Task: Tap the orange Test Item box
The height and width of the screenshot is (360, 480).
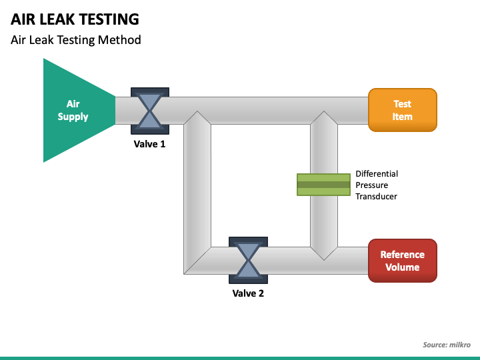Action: click(403, 110)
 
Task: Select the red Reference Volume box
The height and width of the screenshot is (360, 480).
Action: click(403, 261)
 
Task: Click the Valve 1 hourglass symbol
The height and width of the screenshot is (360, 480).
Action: click(150, 111)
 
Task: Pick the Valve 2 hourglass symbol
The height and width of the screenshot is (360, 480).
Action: click(248, 260)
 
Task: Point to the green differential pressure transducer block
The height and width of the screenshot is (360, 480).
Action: click(323, 185)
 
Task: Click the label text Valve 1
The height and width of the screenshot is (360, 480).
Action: click(149, 144)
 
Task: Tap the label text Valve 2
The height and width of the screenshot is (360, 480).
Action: click(248, 293)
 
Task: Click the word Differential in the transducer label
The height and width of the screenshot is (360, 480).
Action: click(377, 173)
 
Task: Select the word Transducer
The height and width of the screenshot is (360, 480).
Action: click(376, 196)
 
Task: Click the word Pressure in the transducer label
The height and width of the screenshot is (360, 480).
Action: click(371, 185)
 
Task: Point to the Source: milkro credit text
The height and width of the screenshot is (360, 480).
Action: click(447, 345)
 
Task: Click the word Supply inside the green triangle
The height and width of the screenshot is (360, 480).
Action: click(73, 117)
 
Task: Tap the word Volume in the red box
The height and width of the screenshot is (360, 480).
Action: click(403, 267)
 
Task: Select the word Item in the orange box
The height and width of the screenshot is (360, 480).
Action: click(403, 117)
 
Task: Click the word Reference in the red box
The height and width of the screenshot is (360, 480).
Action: click(403, 255)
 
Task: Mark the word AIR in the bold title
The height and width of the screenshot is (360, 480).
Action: click(23, 19)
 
